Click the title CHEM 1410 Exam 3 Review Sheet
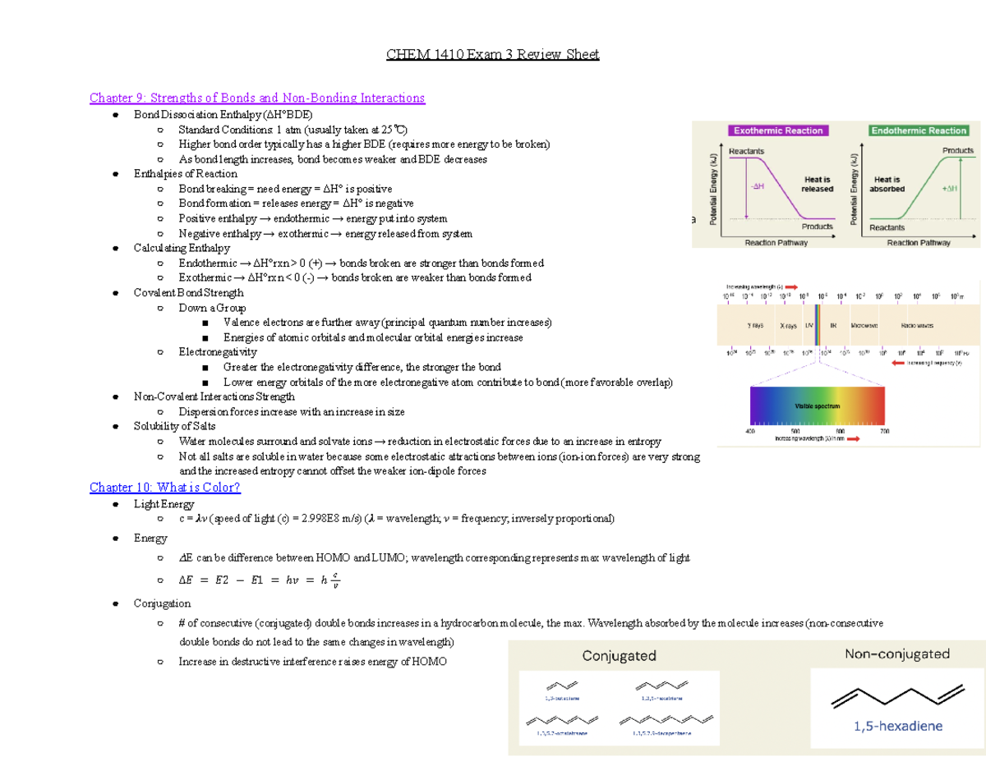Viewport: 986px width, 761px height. (x=493, y=55)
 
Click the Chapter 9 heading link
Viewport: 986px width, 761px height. (x=257, y=99)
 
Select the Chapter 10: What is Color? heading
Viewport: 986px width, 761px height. (x=165, y=488)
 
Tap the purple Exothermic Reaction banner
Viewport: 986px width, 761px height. (x=777, y=131)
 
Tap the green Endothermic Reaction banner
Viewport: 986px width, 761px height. (x=919, y=131)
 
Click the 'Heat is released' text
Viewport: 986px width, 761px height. (x=817, y=184)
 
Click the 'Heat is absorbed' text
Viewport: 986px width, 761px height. (x=888, y=184)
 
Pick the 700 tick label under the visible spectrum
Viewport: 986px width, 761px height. (x=884, y=431)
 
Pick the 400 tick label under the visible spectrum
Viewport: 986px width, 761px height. (x=749, y=431)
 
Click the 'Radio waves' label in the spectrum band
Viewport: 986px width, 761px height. (x=917, y=325)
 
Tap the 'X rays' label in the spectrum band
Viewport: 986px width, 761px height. (x=789, y=325)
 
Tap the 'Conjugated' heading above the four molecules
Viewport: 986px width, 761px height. (x=619, y=656)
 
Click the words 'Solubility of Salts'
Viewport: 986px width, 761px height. (x=175, y=426)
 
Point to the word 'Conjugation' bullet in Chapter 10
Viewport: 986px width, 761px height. (x=162, y=603)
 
